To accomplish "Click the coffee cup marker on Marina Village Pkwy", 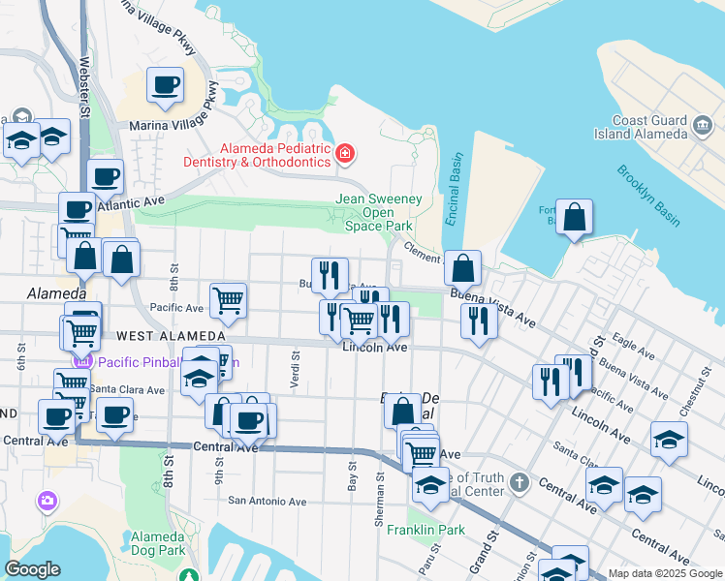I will tap(166, 85).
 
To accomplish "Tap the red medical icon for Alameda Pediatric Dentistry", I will tap(344, 154).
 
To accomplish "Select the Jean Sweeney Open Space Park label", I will tap(379, 212).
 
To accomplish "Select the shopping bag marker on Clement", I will tap(463, 266).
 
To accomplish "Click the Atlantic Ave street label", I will tap(140, 203).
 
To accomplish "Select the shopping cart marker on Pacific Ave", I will tap(227, 300).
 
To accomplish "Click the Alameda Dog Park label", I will tap(158, 543).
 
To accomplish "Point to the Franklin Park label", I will tap(426, 530).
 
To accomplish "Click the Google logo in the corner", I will tap(32, 569).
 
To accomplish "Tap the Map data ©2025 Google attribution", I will tap(664, 573).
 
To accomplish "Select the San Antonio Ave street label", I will tap(267, 502).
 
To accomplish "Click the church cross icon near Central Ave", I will tap(519, 482).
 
